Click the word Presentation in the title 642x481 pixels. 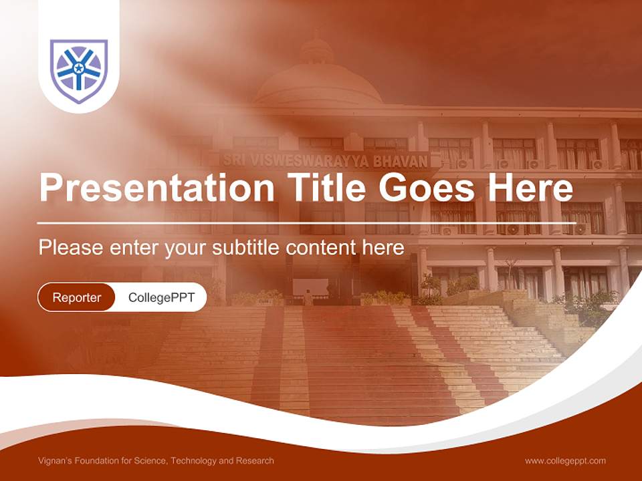click(156, 188)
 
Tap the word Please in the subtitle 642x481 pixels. click(71, 247)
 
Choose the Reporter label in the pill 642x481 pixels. click(76, 297)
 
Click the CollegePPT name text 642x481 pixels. click(161, 297)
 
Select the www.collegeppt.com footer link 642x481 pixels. click(565, 461)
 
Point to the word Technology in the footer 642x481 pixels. click(193, 461)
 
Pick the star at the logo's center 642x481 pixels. click(79, 68)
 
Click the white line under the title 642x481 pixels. click(306, 223)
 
